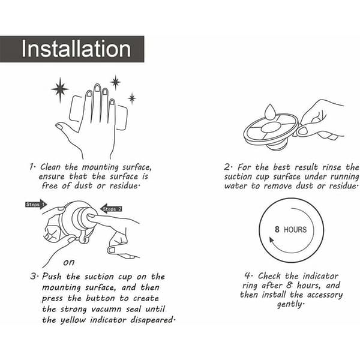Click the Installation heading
(76, 49)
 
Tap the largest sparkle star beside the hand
(60, 89)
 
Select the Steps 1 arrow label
(36, 205)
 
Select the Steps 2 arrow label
(111, 209)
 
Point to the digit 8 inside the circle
(277, 229)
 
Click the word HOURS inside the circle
(295, 230)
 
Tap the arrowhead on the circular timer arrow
(272, 241)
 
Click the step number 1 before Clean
(32, 167)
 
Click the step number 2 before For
(227, 167)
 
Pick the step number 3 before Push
(34, 276)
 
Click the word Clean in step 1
(51, 167)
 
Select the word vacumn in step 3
(106, 309)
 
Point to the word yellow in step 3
(73, 320)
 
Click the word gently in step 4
(290, 304)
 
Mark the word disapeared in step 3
(152, 320)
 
